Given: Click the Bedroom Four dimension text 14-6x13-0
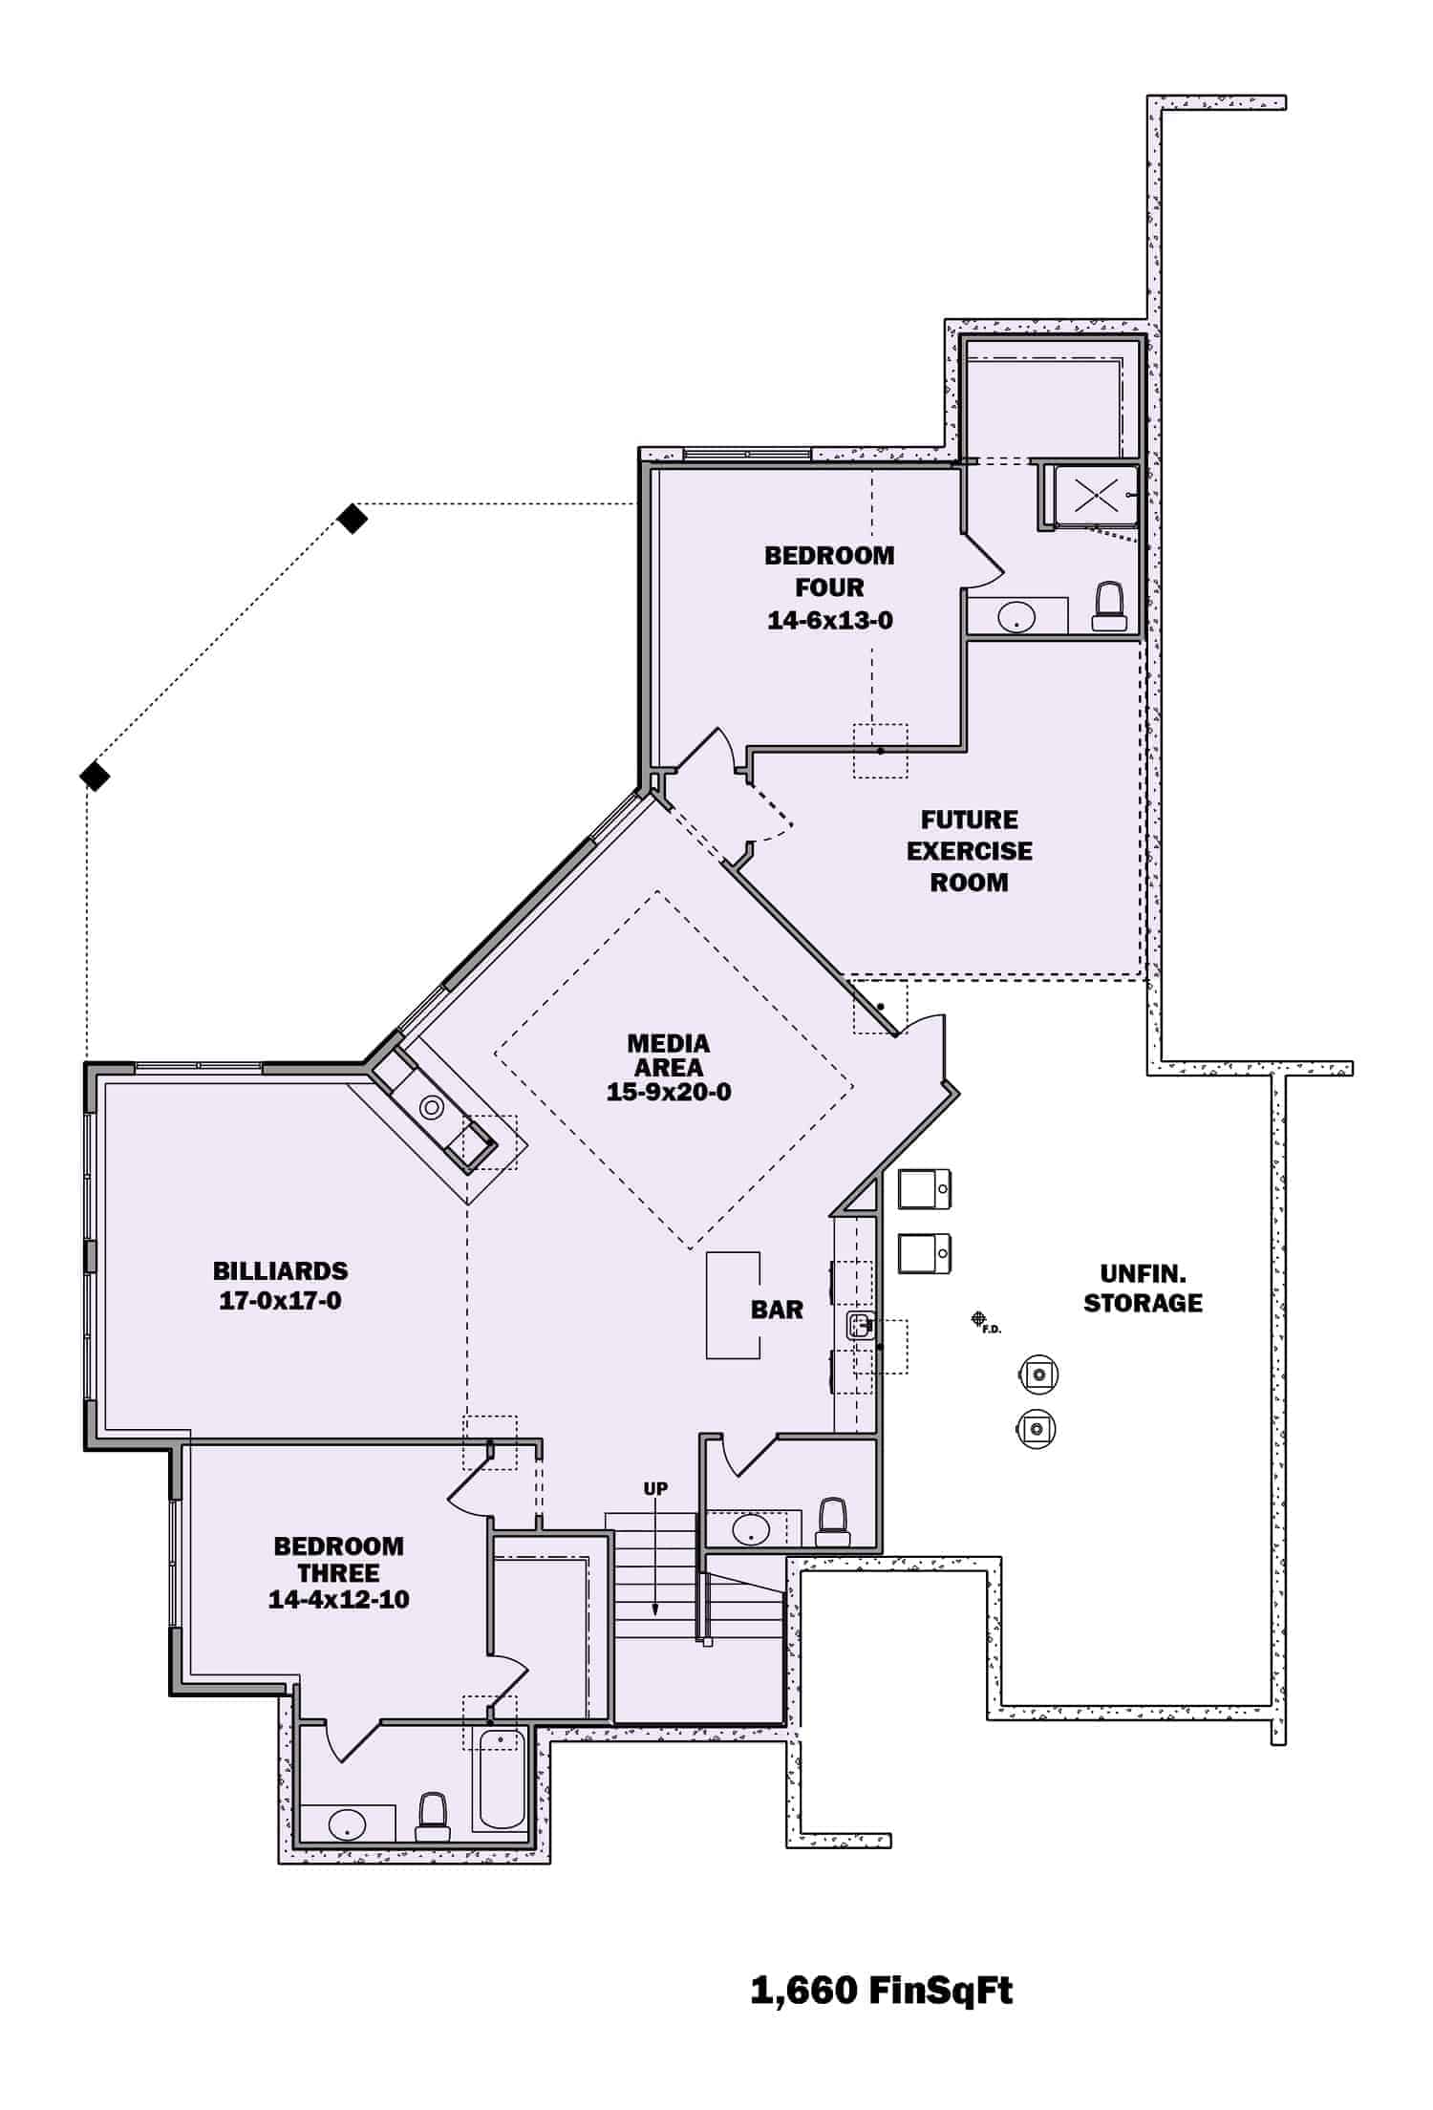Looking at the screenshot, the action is (830, 621).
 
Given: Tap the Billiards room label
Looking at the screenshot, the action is (280, 1270).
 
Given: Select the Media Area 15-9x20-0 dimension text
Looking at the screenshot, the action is (669, 1092).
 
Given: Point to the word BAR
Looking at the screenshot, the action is (777, 1310).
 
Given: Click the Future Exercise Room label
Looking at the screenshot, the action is (970, 850).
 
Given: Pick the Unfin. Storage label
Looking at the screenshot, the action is (1143, 1288).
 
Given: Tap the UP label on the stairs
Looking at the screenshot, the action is (655, 1488).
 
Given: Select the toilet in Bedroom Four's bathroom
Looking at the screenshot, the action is (1109, 607).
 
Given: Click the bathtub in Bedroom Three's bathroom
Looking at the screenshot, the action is (501, 1779).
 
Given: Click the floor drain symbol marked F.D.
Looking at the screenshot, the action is (978, 1319).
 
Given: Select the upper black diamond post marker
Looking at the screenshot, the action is (353, 519).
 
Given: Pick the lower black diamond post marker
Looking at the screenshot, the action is (94, 776).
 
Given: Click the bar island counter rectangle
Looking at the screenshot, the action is (733, 1305).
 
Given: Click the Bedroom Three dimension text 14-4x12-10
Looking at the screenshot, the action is (338, 1599).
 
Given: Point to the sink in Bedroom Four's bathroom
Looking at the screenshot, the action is (1016, 617).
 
